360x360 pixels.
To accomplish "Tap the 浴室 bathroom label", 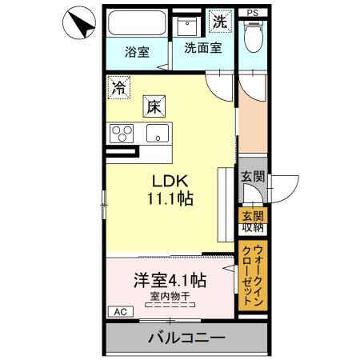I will [x=137, y=53].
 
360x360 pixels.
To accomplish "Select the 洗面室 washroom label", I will [x=203, y=47].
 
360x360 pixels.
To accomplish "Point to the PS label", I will [x=253, y=13].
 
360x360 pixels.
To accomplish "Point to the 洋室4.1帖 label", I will [x=169, y=282].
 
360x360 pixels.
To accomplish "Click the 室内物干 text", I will [x=169, y=296].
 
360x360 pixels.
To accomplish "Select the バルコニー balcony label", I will [x=185, y=338].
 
